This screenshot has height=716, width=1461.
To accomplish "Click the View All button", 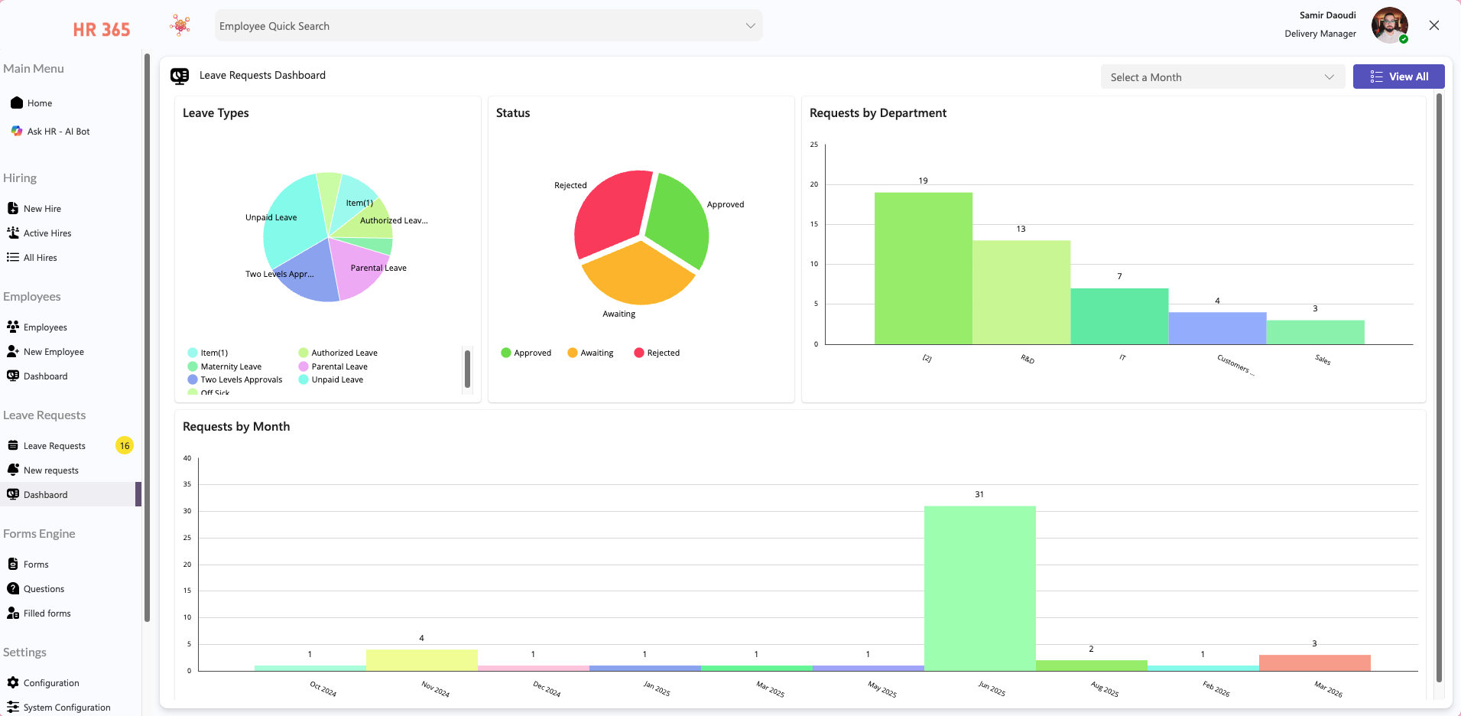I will click(1398, 76).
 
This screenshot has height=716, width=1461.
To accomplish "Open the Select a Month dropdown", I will click(1222, 77).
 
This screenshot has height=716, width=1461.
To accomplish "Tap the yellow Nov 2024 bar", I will click(421, 660).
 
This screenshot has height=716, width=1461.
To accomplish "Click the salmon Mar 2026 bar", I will click(1314, 662).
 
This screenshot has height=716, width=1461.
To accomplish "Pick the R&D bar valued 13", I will click(1021, 292).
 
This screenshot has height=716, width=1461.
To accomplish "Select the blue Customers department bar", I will click(1217, 328).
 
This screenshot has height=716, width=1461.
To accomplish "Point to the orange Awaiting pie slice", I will click(638, 275).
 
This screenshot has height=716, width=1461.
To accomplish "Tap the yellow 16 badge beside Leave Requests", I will click(125, 445).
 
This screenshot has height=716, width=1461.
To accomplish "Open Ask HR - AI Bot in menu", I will click(58, 132).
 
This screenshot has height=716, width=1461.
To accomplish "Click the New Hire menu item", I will click(42, 209).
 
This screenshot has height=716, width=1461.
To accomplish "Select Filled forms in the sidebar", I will click(47, 613).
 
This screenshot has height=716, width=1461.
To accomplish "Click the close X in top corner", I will click(1433, 25).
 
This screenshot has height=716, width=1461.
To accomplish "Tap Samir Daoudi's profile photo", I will click(1388, 25).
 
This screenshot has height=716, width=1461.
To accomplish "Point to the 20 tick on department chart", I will click(814, 184).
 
